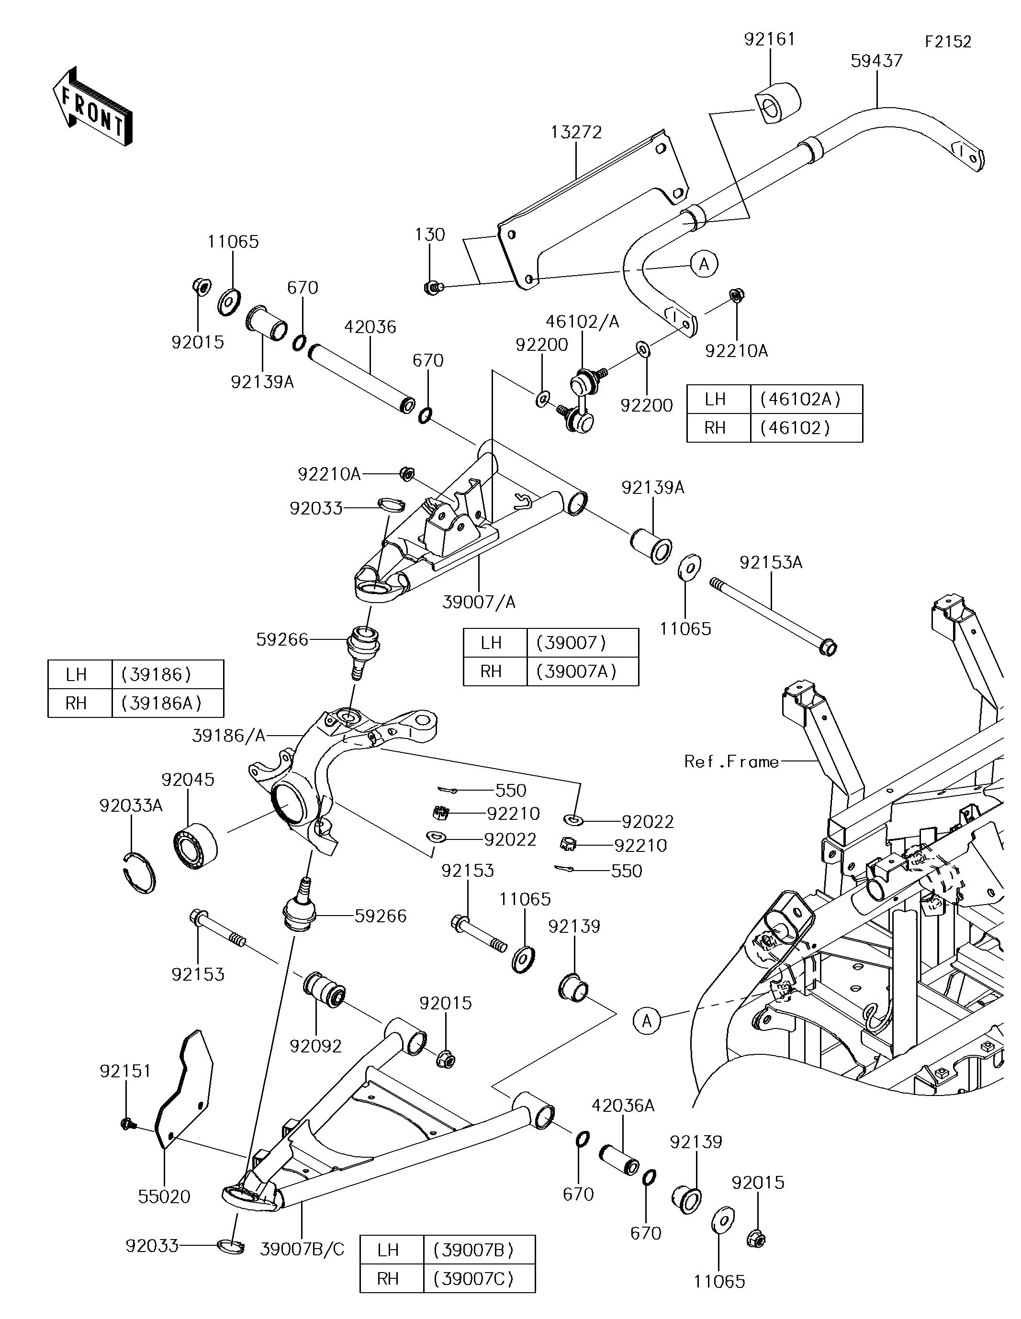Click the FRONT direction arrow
[x=92, y=106]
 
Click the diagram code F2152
[x=948, y=42]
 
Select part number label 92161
[x=770, y=39]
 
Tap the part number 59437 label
[x=876, y=60]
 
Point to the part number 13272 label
[x=576, y=132]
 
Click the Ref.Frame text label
[x=731, y=761]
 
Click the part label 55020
[x=164, y=1196]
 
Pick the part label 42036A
[x=623, y=1106]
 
